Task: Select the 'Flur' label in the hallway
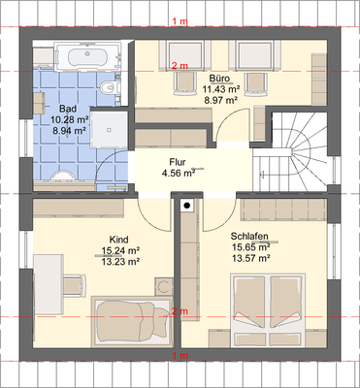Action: coord(180,163)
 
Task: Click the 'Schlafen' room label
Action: coord(249,236)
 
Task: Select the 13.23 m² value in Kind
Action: coord(121,260)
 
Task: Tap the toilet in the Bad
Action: coord(113,90)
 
